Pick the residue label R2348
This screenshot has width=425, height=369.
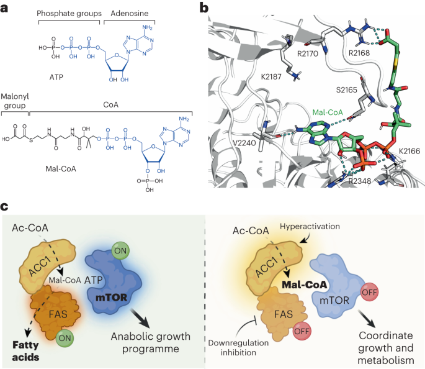[x=360, y=180]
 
